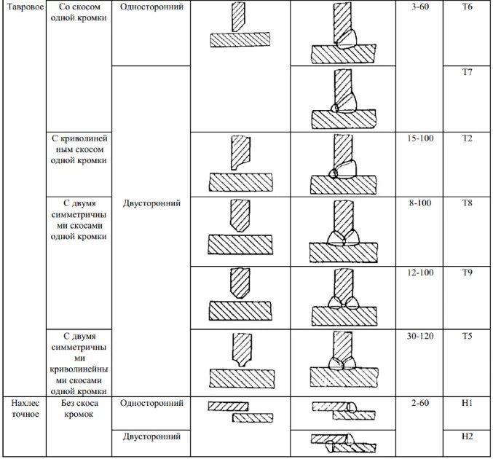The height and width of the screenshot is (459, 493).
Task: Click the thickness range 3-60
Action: (x=421, y=6)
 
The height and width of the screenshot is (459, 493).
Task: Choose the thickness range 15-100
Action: (x=421, y=138)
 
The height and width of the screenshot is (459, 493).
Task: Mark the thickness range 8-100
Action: (x=421, y=203)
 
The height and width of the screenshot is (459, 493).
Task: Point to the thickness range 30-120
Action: (x=421, y=337)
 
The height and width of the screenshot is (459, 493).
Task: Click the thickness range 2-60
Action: (x=421, y=402)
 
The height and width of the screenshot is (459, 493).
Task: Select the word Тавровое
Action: (x=23, y=6)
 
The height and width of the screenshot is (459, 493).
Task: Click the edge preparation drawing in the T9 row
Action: (x=239, y=295)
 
